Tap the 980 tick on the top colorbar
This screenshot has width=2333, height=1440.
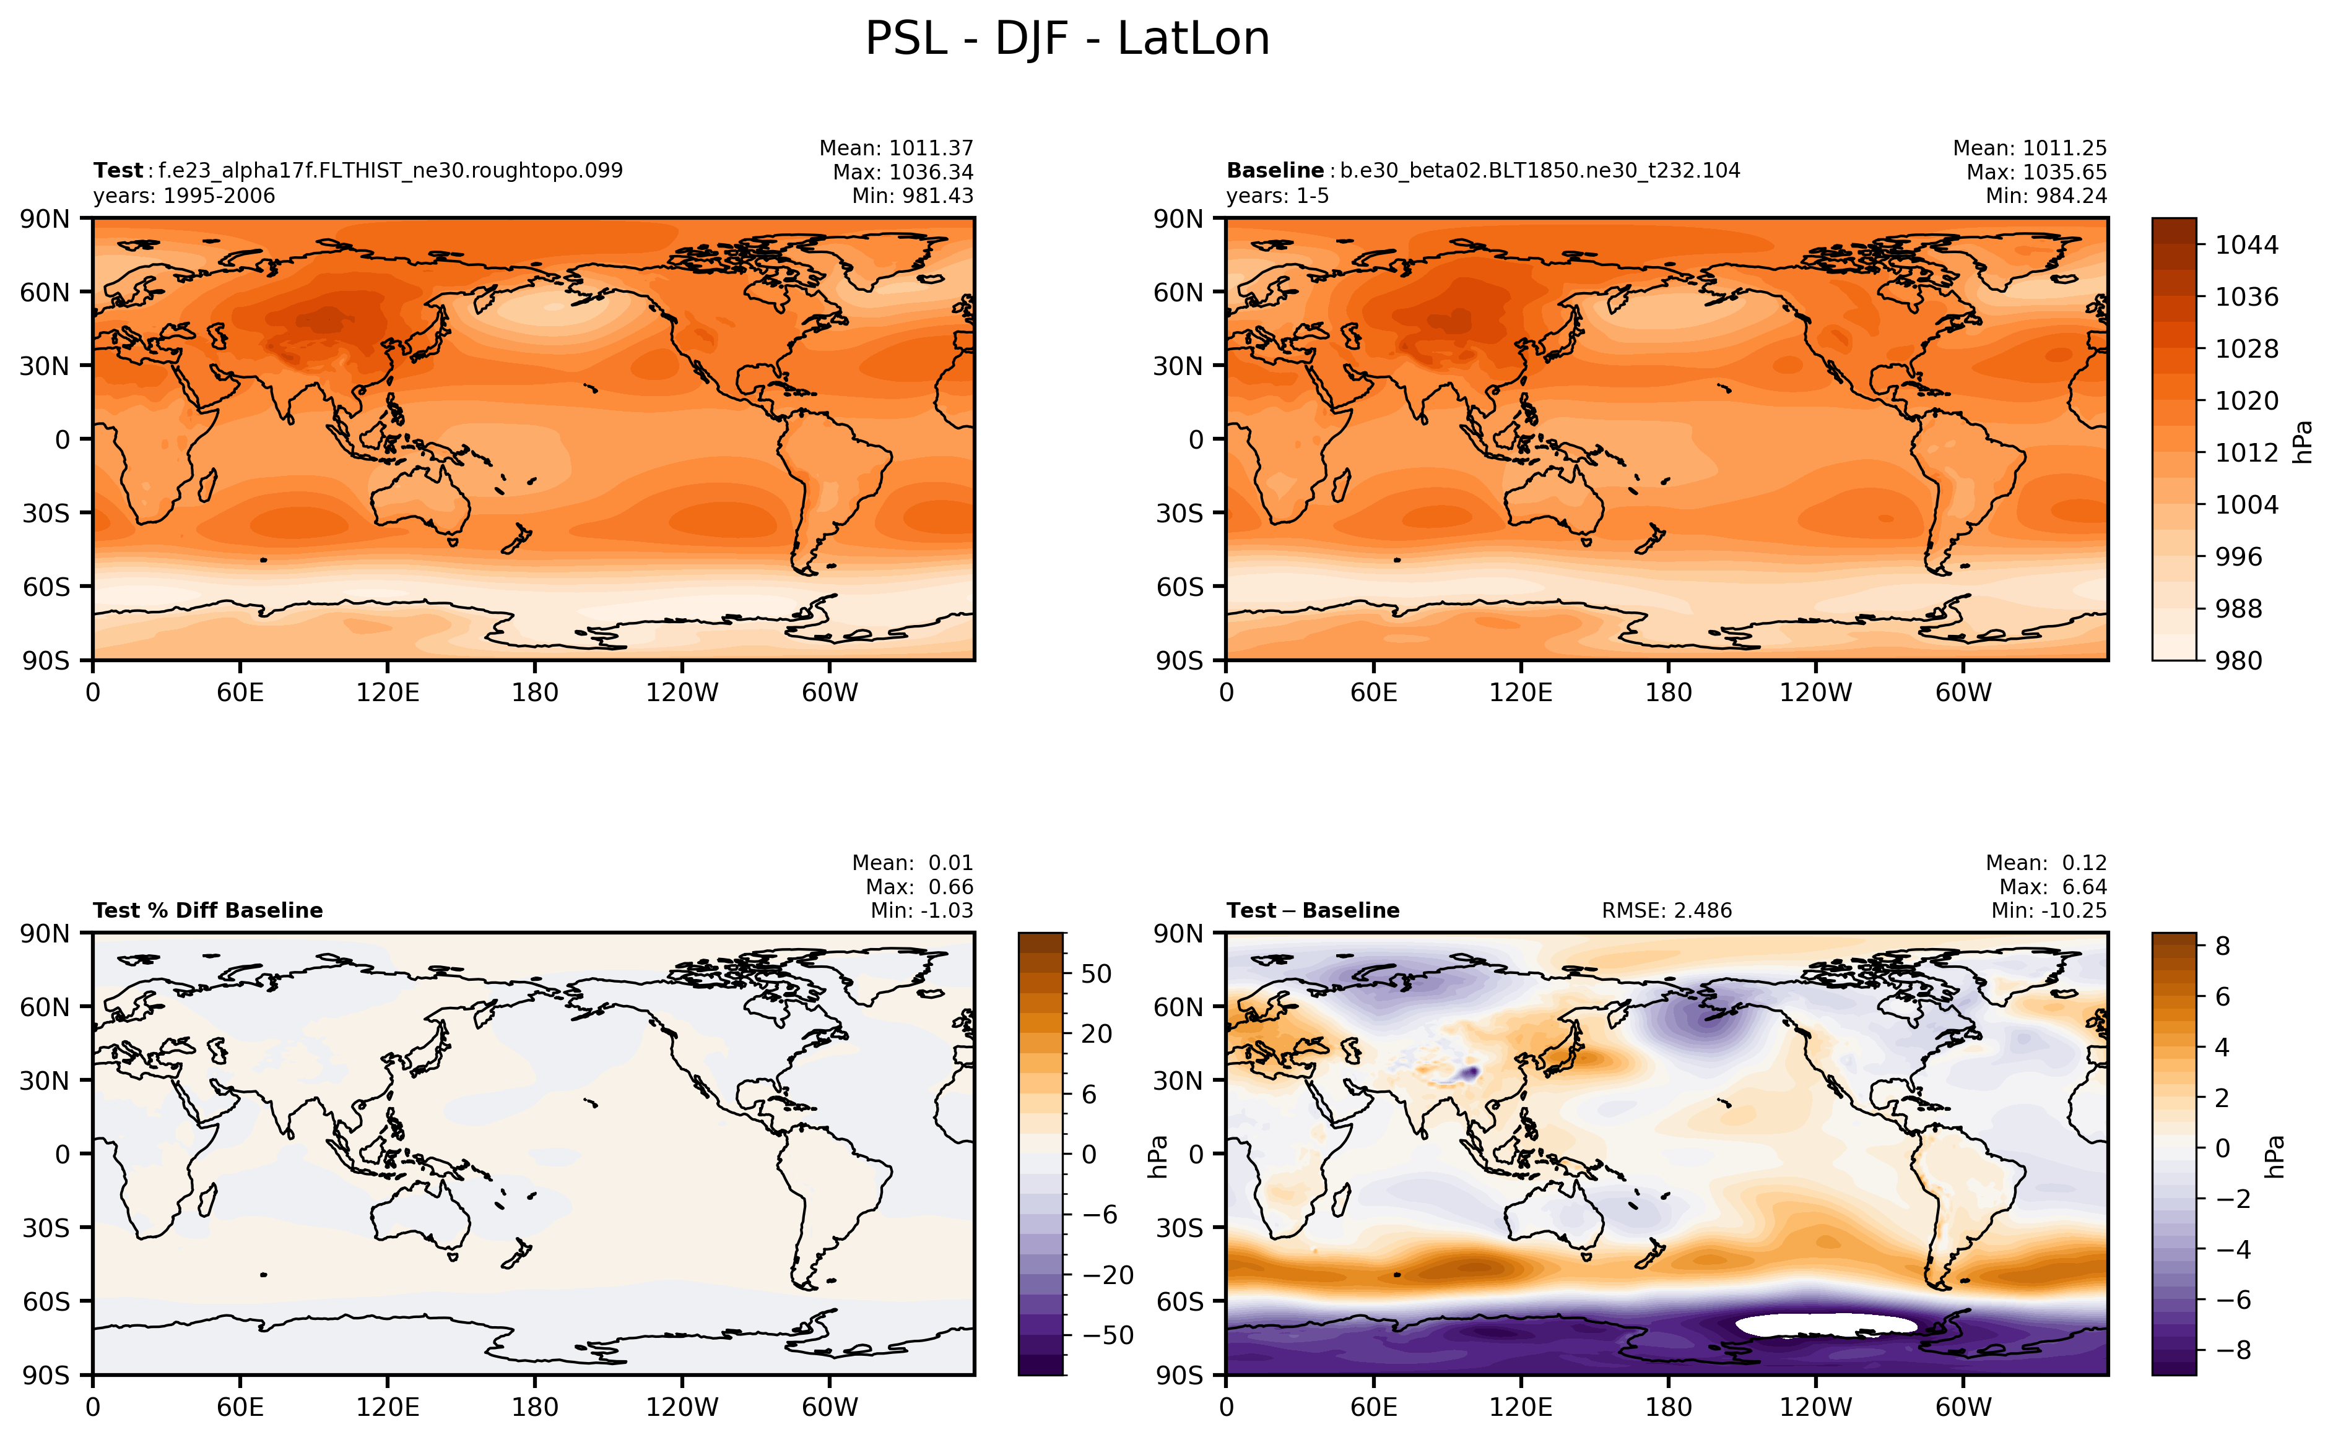coord(2238,660)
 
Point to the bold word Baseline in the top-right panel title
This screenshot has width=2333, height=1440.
coord(1275,170)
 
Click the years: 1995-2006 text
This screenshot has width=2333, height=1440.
coord(184,196)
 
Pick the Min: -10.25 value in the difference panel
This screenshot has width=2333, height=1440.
coord(2048,910)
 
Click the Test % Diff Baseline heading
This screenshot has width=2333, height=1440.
coord(207,910)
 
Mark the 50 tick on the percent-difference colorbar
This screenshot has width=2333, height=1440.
coord(1095,973)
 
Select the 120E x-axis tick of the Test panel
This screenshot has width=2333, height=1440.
coord(387,692)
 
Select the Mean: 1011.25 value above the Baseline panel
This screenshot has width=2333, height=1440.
coord(2029,149)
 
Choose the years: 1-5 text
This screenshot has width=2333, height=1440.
coord(1277,196)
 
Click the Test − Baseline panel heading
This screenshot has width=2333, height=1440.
coord(1313,910)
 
